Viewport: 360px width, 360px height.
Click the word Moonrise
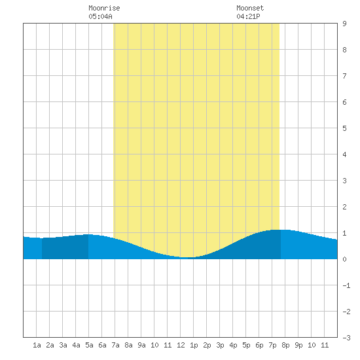104,8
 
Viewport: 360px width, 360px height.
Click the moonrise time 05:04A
100,16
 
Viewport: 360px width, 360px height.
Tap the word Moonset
250,8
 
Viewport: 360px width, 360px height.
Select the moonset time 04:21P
248,16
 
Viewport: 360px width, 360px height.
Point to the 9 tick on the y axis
344,24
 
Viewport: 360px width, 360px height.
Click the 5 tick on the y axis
344,128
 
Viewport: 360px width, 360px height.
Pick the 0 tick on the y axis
344,259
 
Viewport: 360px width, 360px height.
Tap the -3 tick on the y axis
347,338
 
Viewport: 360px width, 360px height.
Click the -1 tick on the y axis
347,285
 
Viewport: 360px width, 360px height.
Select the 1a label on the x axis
37,345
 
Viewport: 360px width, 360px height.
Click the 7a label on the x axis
115,345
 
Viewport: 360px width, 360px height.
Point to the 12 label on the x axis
181,345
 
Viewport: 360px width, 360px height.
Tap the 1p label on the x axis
194,345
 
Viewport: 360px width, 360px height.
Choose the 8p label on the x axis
285,345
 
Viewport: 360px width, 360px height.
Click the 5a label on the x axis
89,345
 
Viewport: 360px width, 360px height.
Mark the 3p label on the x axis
220,345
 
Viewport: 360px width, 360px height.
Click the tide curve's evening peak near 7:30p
278,230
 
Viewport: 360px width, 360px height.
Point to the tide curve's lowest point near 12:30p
187,257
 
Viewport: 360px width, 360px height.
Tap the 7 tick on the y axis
344,76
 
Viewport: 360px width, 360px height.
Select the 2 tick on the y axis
344,207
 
